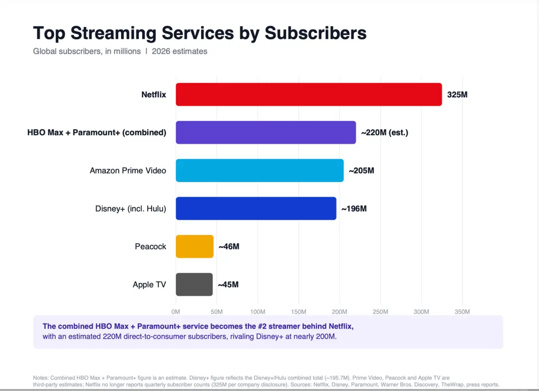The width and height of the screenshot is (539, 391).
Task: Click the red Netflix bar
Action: click(x=309, y=94)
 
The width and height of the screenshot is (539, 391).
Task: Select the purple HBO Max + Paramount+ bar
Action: click(x=266, y=132)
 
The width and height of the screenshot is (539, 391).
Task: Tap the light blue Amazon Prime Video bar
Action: click(x=260, y=171)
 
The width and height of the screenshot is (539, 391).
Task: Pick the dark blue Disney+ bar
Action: click(x=256, y=208)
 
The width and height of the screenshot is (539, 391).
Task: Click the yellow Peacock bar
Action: click(x=195, y=246)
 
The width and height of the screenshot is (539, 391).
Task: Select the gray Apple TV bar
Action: click(x=194, y=284)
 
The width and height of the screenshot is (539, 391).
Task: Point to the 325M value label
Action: click(x=457, y=94)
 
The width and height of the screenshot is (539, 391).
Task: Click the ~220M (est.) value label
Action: click(x=385, y=133)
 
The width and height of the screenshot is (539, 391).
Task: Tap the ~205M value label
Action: click(x=361, y=171)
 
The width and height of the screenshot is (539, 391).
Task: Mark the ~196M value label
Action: click(x=354, y=208)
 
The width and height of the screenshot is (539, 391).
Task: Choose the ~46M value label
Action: click(x=229, y=246)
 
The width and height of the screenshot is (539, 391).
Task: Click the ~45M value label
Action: click(x=228, y=284)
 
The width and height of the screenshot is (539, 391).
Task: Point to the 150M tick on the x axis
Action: click(x=298, y=312)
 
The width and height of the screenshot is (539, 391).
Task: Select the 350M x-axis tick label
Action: click(x=462, y=312)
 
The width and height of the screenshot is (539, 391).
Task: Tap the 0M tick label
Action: click(x=176, y=312)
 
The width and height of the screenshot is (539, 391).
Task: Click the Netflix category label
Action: click(x=154, y=94)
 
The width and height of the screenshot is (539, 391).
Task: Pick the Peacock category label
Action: click(x=151, y=246)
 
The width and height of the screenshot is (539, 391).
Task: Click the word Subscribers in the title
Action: click(x=315, y=33)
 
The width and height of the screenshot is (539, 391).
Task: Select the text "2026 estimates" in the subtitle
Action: click(x=180, y=51)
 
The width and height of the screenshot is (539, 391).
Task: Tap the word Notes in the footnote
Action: click(x=40, y=378)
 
